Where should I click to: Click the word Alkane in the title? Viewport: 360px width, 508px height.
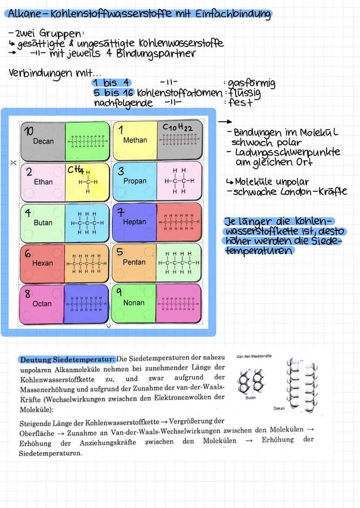coord(24,14)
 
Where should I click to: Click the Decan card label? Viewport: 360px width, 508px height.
coord(43,141)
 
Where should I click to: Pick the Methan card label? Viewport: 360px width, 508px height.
coord(135,140)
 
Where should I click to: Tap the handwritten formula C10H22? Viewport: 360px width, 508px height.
coord(177,127)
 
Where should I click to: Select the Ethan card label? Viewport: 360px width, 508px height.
coord(43,182)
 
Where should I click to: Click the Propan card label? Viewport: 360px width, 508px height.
coord(135,181)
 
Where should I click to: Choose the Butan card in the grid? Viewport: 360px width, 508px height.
coord(43,222)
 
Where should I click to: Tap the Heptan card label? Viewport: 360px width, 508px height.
coord(135,222)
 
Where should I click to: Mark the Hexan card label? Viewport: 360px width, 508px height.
coord(43,263)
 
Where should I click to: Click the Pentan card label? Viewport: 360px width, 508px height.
coord(134,262)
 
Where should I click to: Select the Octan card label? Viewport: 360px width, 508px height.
coord(42,303)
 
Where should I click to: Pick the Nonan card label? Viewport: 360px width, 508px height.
coord(134,302)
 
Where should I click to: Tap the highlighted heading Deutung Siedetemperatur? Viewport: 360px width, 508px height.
coord(67,359)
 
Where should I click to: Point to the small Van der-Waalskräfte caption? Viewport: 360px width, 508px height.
coord(254,356)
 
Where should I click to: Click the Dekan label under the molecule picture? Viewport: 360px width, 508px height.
coord(279,408)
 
